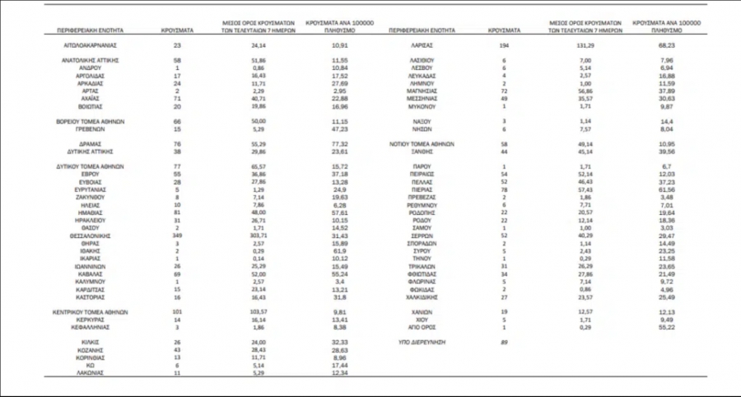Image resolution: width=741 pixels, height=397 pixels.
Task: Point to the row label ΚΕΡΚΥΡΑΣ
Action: click(x=91, y=319)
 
